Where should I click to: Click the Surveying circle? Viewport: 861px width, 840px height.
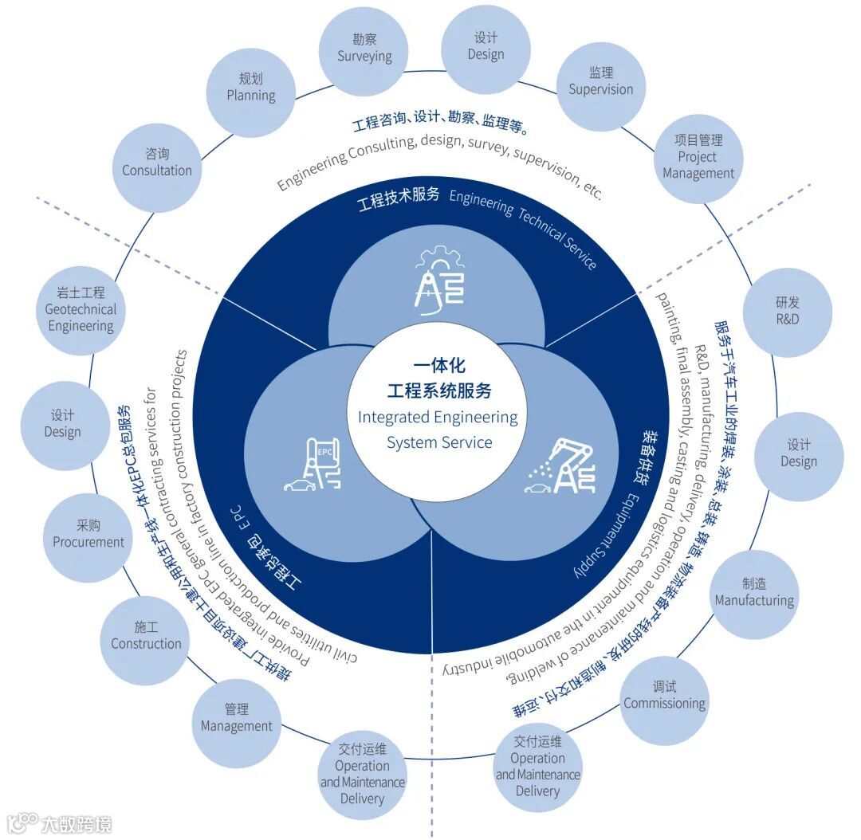point(364,48)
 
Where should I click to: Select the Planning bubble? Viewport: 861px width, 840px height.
point(251,87)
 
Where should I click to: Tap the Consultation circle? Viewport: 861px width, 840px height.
point(157,162)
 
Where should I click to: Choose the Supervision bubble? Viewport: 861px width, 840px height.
point(600,81)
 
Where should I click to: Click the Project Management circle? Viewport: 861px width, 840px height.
point(698,156)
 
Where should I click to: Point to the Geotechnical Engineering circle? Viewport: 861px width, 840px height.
point(81,309)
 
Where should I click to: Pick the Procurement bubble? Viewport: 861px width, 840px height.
point(88,534)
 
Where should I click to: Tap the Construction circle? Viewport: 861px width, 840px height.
point(146,635)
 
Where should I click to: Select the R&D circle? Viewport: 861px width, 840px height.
point(787,311)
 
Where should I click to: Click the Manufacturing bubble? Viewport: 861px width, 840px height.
point(754,592)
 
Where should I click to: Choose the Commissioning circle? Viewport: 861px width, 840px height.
point(664,695)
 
